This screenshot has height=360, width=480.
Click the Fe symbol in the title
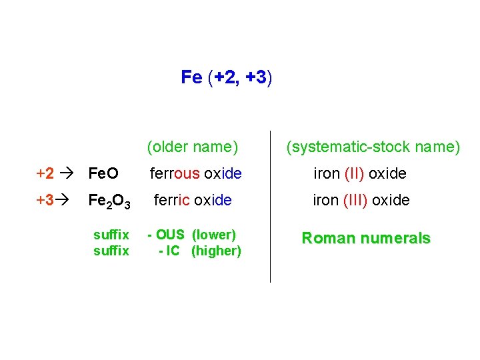tap(191, 77)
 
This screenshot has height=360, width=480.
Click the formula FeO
tap(103, 174)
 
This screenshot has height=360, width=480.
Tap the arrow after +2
tap(70, 174)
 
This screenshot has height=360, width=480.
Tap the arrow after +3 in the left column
tap(70, 201)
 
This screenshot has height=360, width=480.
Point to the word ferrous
tap(175, 174)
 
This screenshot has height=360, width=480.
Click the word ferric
tap(173, 200)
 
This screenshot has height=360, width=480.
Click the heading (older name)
tap(193, 146)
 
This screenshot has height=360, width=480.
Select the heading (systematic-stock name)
tap(373, 146)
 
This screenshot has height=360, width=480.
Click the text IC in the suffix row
tap(173, 251)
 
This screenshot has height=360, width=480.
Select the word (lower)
tap(214, 235)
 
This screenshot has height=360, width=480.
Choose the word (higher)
tap(216, 251)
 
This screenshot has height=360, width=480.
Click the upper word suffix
tap(111, 235)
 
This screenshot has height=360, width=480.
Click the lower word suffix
tap(111, 251)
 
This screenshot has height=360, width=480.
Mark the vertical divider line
tap(271, 207)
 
